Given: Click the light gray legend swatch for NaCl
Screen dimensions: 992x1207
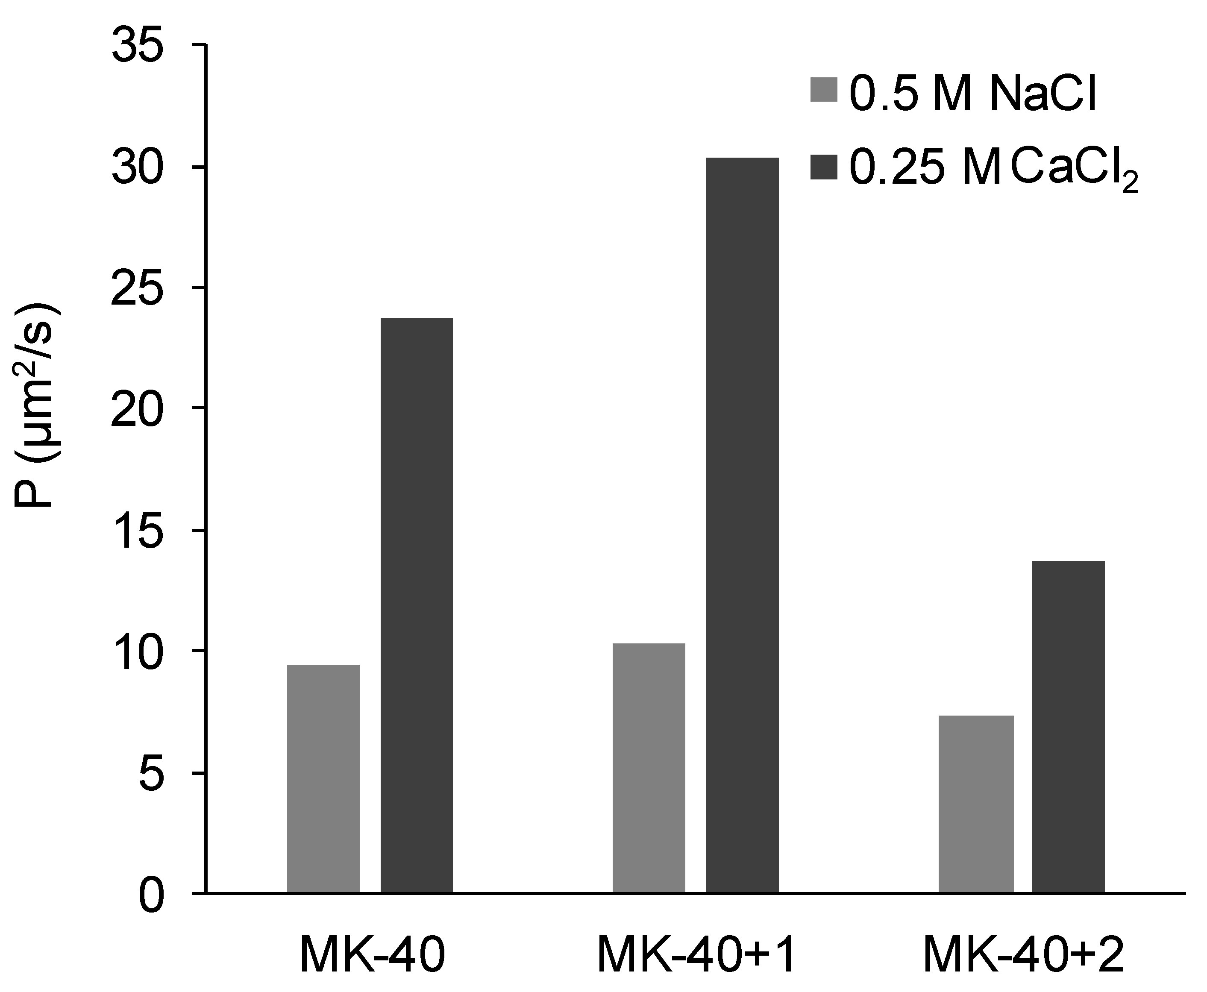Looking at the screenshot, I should tap(823, 90).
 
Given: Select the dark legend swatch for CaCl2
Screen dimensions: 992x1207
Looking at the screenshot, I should tap(823, 167).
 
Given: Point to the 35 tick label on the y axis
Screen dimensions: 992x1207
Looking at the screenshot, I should tap(137, 46).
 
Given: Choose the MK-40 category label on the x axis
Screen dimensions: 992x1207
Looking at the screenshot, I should tap(372, 955).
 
